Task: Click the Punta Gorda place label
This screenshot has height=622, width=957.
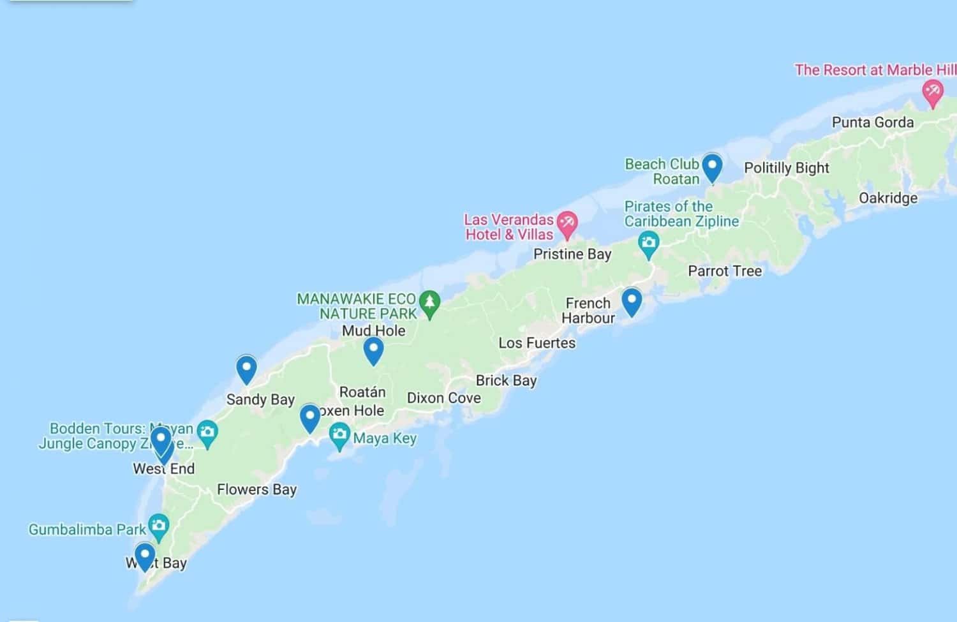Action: (x=872, y=122)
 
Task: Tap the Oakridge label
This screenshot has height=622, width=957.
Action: (x=888, y=198)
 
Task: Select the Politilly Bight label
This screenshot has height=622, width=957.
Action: (x=786, y=168)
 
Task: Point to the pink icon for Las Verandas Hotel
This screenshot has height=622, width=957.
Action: (x=566, y=223)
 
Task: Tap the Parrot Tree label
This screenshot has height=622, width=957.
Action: (x=725, y=271)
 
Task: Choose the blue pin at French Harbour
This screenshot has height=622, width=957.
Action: (x=631, y=301)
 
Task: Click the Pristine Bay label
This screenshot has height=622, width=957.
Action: (x=572, y=254)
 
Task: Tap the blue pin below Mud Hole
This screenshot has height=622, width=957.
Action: (x=373, y=350)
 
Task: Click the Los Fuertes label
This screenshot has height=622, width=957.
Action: (x=537, y=343)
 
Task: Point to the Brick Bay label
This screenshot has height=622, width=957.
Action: (x=506, y=380)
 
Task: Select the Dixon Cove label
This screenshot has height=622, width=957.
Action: (x=443, y=398)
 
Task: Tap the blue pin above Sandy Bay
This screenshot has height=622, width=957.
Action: (x=246, y=369)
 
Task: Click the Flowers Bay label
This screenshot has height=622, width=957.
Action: (x=256, y=489)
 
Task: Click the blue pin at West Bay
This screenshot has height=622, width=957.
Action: (x=145, y=555)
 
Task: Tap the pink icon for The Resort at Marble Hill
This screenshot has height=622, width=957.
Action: (x=933, y=93)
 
